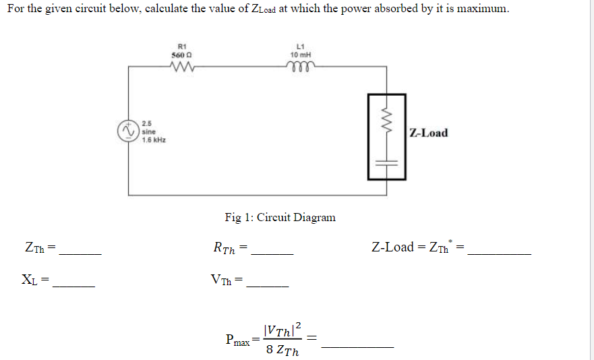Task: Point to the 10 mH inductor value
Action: [299, 55]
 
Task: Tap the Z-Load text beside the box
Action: [428, 133]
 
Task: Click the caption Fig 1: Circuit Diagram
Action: [280, 217]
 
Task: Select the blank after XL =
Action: [74, 286]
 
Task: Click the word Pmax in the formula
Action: [238, 339]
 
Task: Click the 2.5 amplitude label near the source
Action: [146, 123]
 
